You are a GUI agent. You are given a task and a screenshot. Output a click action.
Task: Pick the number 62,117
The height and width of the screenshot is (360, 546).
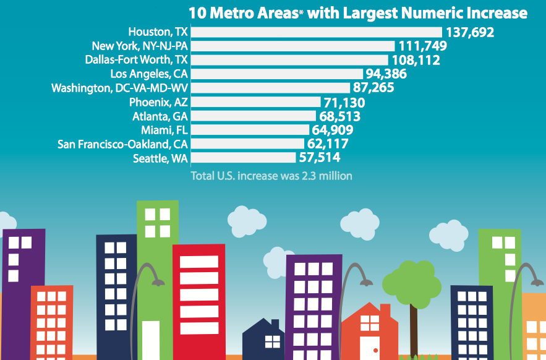tap(328, 144)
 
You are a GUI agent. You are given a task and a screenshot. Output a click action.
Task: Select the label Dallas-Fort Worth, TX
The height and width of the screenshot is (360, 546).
tap(136, 60)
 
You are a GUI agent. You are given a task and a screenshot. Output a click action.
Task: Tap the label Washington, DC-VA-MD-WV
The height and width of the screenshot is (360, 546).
tap(119, 88)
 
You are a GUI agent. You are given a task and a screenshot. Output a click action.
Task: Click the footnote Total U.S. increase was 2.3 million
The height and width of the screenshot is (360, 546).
tap(271, 176)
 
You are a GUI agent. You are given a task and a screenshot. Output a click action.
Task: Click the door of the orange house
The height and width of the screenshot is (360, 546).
tap(370, 346)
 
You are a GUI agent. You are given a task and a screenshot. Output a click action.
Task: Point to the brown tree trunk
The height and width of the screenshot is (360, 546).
tap(413, 328)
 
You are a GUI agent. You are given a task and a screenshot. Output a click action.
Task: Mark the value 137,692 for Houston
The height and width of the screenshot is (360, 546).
tap(469, 32)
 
